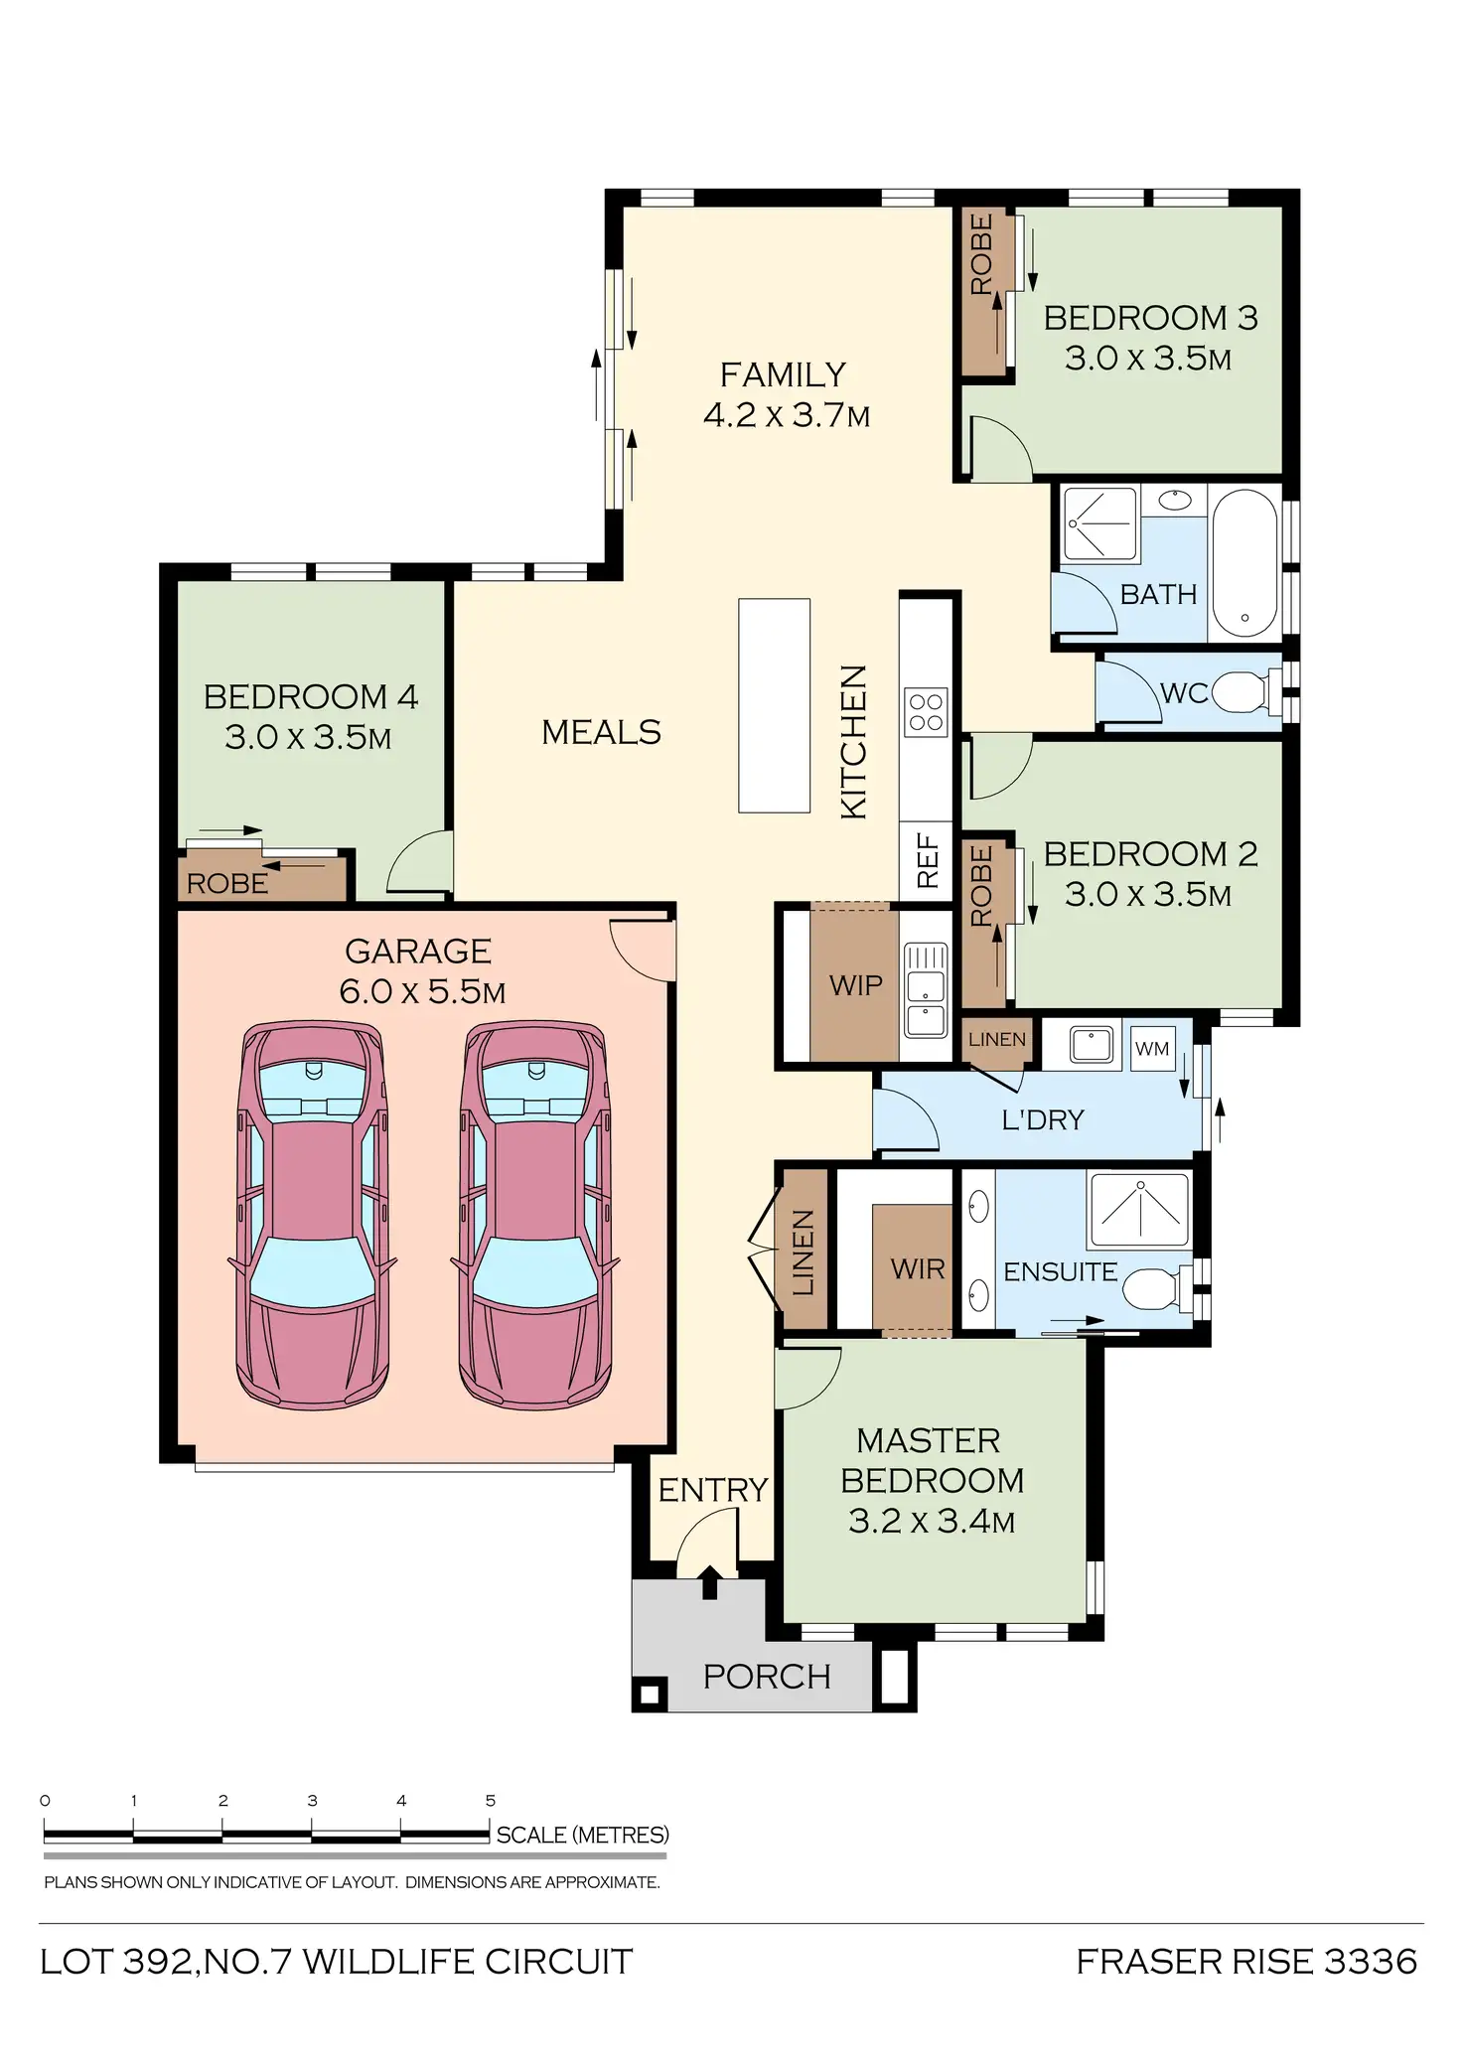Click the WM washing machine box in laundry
tap(1152, 1049)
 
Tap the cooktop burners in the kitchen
tap(926, 712)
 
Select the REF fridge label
tap(927, 861)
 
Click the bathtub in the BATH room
tap(1244, 562)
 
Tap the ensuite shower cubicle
tap(1139, 1209)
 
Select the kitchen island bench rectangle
tap(774, 705)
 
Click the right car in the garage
tap(535, 1217)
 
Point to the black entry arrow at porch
tap(709, 1580)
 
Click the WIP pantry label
tap(855, 985)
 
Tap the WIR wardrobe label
tap(917, 1268)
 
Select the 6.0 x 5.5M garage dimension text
tap(422, 991)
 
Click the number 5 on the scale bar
tap(491, 1800)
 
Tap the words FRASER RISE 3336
tap(1246, 1962)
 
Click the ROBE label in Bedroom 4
tap(227, 883)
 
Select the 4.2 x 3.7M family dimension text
tap(786, 415)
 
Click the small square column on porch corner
tap(651, 1694)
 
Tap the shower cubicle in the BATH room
tap(1098, 524)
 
